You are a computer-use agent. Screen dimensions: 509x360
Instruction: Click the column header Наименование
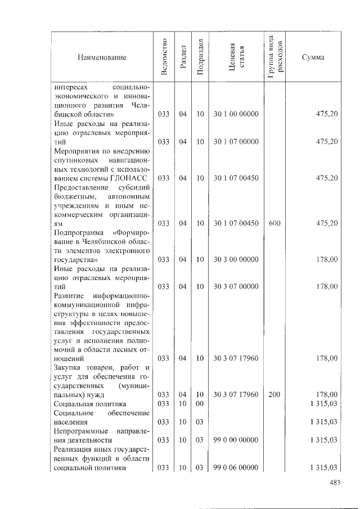point(102,57)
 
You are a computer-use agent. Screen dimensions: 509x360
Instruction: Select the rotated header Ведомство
point(163,57)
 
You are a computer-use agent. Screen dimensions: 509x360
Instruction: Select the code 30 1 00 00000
point(236,114)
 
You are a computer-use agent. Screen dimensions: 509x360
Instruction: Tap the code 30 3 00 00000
point(236,259)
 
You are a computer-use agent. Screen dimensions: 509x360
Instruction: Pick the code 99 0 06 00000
point(236,467)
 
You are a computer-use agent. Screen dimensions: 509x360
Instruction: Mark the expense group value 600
point(274,223)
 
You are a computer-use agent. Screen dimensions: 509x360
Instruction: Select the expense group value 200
point(274,395)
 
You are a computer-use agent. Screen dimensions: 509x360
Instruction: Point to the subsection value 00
point(200,404)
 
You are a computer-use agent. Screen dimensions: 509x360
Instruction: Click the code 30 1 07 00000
point(236,142)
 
